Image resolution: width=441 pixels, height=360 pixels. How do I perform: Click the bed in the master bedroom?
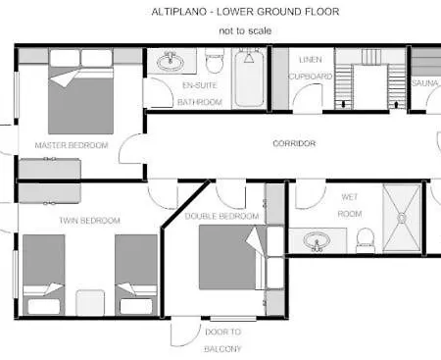point(80,98)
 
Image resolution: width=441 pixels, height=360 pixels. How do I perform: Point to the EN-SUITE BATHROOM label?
point(203,93)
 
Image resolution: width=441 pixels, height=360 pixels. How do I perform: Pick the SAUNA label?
point(424,84)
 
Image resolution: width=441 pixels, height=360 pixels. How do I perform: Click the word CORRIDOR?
point(293,143)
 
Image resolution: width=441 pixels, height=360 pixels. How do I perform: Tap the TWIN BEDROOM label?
point(89,221)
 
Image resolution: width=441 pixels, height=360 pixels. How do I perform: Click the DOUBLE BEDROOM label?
point(221,216)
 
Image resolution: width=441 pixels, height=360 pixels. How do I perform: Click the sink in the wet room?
point(317,239)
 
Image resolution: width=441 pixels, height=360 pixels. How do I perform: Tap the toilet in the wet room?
point(365,236)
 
